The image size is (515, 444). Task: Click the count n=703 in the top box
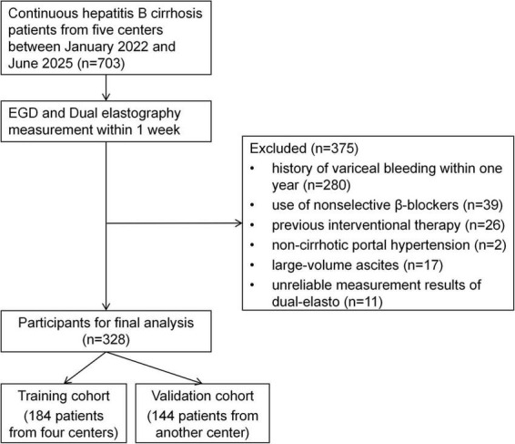click(102, 63)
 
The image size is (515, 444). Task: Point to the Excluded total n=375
click(335, 149)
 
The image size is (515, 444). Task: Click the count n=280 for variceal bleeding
click(327, 185)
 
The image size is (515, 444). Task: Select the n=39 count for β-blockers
click(483, 205)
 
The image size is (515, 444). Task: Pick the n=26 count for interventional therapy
click(485, 225)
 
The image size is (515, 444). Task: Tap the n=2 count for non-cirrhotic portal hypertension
click(490, 245)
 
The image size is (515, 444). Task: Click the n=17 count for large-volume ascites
click(423, 265)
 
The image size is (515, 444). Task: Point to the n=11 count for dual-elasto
click(363, 302)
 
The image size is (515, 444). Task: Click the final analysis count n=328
click(106, 339)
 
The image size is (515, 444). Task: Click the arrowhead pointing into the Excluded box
click(238, 223)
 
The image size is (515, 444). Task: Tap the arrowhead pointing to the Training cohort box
click(67, 380)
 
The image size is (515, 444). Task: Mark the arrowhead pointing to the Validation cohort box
click(198, 382)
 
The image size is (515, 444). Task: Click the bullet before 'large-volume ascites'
click(252, 265)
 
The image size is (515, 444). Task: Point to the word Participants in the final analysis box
click(55, 324)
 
